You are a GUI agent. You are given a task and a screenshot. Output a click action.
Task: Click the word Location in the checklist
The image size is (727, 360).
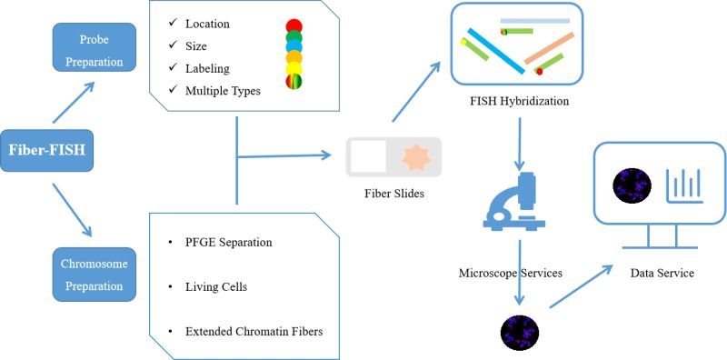tap(207, 24)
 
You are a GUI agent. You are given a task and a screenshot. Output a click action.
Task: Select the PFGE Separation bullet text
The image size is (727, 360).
tap(226, 243)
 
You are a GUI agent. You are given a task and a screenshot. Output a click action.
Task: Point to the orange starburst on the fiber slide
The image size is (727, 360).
tap(413, 156)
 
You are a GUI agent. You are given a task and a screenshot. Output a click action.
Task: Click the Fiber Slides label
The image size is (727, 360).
tap(393, 194)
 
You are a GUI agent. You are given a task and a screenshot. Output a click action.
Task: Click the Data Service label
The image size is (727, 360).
tap(662, 273)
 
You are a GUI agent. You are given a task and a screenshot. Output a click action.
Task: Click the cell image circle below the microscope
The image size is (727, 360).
tap(516, 334)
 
